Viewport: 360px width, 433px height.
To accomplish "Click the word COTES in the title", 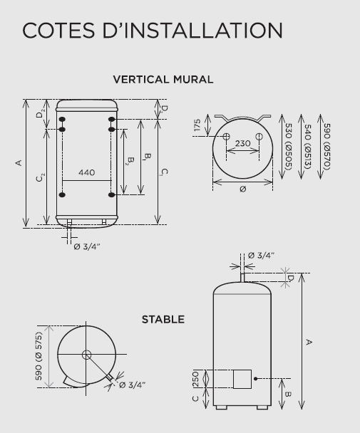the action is [x=58, y=31].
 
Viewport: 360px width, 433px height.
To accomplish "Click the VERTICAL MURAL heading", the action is [x=163, y=80].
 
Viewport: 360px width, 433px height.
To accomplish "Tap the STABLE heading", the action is [x=163, y=320].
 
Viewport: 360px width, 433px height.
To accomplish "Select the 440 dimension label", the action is [x=87, y=172].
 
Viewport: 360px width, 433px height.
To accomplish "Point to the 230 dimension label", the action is [x=243, y=143].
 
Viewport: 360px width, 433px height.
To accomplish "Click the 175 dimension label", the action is [x=197, y=125].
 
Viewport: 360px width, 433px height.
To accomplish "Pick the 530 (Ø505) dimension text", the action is [x=289, y=147].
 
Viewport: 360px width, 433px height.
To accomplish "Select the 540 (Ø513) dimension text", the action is [x=308, y=147].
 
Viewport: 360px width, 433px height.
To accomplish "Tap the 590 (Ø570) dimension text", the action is [x=327, y=147].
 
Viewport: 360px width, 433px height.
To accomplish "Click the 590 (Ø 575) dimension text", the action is [x=38, y=356].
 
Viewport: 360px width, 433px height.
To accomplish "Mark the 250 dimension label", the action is [x=195, y=379].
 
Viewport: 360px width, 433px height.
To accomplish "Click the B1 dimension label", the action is [x=147, y=157].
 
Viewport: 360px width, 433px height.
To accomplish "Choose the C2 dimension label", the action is [x=40, y=177].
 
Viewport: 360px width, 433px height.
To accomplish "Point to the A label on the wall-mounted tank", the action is [x=19, y=163].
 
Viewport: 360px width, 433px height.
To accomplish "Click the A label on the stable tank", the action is [x=309, y=343].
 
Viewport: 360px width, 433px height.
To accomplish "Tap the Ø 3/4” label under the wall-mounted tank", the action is [x=87, y=246].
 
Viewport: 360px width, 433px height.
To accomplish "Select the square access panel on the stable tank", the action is [x=242, y=379].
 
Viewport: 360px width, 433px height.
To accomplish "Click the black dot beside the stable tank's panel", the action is [x=255, y=379].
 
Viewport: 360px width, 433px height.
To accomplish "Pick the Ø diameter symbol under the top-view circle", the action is [x=243, y=189].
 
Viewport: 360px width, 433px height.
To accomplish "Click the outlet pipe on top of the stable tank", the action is [x=242, y=278].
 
